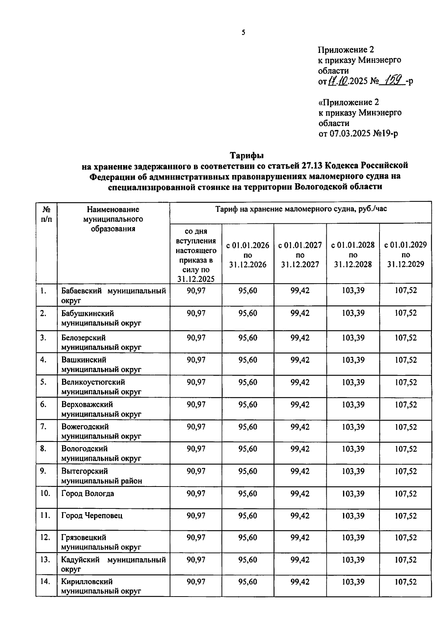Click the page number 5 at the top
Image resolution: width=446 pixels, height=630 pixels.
(243, 33)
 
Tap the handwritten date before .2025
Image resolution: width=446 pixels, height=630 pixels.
(338, 81)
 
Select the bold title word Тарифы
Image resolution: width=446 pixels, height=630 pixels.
(246, 155)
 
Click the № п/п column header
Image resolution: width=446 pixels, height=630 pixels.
(46, 214)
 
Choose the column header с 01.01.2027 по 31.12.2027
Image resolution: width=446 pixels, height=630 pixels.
(300, 255)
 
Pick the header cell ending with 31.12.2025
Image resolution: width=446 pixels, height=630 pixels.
(196, 255)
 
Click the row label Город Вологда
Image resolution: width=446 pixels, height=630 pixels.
(88, 494)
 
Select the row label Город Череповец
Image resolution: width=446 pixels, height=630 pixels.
(92, 516)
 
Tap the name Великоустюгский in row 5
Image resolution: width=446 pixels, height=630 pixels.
(93, 382)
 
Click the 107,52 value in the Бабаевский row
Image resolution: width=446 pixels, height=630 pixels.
(405, 290)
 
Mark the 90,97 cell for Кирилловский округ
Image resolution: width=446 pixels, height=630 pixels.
(196, 582)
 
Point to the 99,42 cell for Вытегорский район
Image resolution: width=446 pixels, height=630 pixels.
(300, 471)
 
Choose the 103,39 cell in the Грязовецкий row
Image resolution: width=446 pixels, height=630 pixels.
(353, 537)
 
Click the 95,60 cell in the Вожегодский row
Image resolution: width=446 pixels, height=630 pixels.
(248, 427)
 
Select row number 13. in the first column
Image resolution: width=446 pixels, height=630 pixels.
(45, 559)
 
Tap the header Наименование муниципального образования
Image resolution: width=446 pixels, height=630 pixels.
(113, 219)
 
